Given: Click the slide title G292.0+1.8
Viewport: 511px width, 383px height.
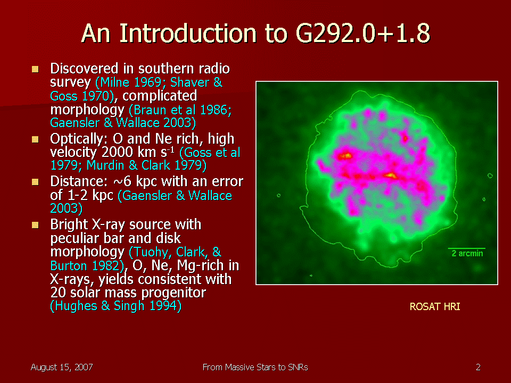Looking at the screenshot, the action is coord(362,33).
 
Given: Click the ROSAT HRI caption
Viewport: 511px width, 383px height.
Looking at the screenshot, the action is coord(435,307).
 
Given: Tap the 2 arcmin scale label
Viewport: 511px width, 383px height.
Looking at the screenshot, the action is coord(467,253).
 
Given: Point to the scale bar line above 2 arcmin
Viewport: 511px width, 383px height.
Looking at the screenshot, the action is coord(467,248).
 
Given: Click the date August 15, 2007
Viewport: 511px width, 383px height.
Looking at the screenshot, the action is coord(62,368).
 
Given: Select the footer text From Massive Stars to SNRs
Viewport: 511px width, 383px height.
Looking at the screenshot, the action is coord(255,368).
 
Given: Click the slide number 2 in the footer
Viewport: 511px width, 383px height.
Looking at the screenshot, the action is coord(478,368).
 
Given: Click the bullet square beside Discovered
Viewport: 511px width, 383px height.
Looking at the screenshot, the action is coord(35,69).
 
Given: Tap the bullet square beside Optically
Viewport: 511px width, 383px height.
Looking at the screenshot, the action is coord(35,139).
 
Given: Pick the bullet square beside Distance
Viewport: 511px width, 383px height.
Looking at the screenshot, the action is coord(35,182).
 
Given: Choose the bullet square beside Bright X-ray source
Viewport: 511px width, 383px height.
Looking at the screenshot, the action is coord(35,225).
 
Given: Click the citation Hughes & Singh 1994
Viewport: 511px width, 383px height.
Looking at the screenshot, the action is coord(116,306).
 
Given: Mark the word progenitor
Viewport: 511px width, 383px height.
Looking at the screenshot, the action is coord(174,293).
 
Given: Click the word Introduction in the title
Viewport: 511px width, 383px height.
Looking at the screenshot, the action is coord(188,33).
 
